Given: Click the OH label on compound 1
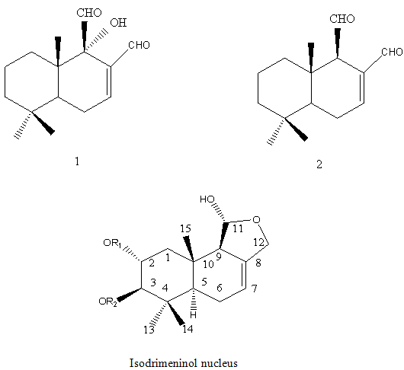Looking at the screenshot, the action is coord(118,23).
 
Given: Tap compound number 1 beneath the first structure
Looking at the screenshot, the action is coord(77,161).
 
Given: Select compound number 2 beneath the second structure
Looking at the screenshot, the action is coord(319,164).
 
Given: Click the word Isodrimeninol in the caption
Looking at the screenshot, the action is coord(162,363).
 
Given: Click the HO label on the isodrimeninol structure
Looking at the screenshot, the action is coord(207,199).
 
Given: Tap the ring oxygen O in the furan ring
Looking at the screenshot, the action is coord(256,219).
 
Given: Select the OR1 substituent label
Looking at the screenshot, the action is coord(112,243).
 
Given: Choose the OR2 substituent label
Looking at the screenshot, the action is coord(107,301).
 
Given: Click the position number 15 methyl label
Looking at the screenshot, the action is coord(185,228).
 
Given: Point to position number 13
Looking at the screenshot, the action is coord(149,330).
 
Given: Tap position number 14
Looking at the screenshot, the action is coord(188,329).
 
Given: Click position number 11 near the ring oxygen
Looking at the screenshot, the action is coord(238,228).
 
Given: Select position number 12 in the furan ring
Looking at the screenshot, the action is coord(258,242).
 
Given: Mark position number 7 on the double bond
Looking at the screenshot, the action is coord(254,289).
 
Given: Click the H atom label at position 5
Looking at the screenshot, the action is coord(194,314).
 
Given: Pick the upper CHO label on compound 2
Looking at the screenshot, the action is coord(342,19).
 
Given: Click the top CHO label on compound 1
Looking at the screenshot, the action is coord(89,13).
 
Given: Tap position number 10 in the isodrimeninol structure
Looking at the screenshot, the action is coord(208,264).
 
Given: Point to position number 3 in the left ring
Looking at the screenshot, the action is coord(153,282).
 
